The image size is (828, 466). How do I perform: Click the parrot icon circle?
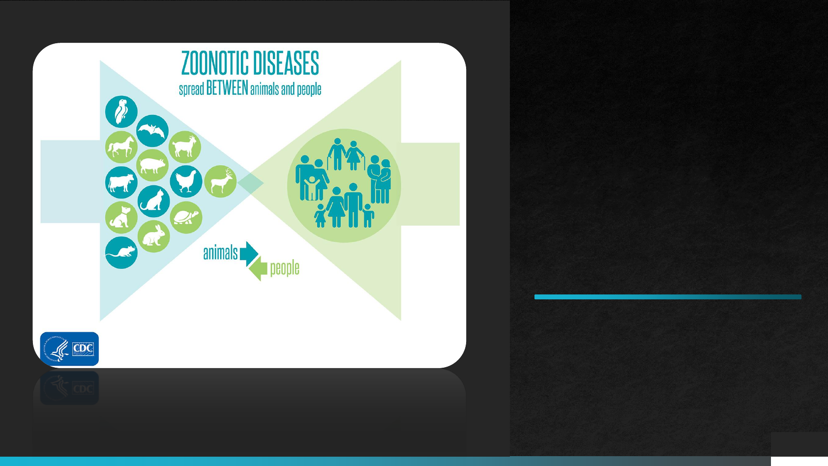pos(121,112)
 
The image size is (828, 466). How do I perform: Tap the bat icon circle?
pos(152,131)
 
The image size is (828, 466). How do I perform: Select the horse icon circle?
pos(121,147)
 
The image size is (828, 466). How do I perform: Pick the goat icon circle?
pos(185,147)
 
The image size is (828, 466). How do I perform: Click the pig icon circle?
pos(152,165)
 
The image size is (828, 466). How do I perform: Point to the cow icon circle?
pos(121,182)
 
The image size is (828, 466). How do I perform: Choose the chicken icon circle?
pos(186,181)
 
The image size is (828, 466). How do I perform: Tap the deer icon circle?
pos(220,181)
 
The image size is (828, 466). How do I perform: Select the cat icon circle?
pos(154,202)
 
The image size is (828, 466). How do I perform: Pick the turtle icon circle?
pos(186,217)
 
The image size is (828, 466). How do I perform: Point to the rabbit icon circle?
pos(154,236)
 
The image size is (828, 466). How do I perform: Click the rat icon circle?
pos(121,253)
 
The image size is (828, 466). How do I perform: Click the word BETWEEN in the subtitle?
pos(227,88)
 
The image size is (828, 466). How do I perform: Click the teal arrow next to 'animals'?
pos(249,254)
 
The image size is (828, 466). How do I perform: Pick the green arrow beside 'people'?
pos(258,268)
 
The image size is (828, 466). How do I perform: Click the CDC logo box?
pos(69,349)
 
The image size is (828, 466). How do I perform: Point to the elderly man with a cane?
pos(336,154)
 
